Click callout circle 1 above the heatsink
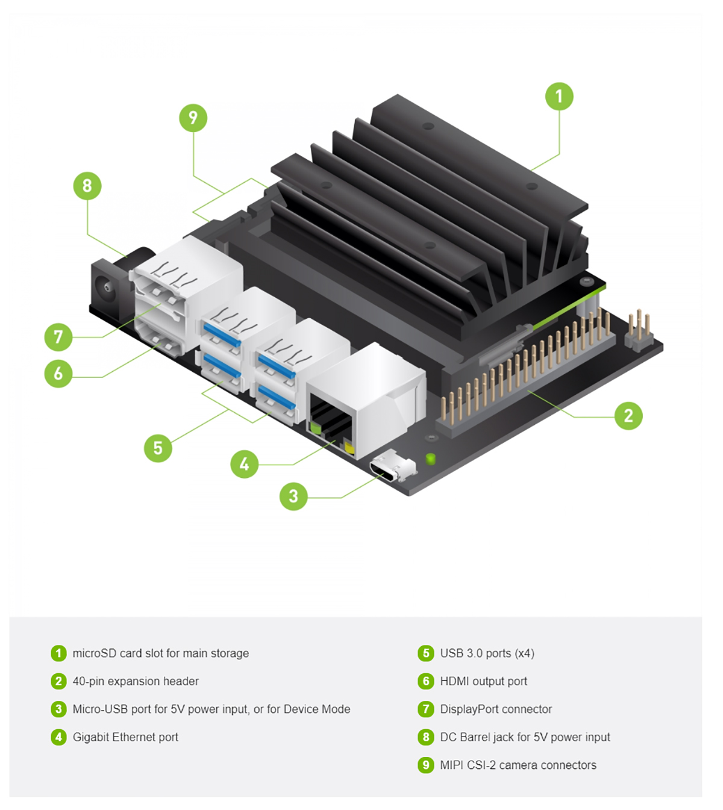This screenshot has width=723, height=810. (559, 96)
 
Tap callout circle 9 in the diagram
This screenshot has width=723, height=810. (193, 118)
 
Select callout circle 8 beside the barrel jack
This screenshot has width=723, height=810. (87, 186)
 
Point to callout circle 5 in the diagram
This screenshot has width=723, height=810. (158, 448)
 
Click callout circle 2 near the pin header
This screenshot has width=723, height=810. (628, 415)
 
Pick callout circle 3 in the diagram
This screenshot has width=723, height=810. (293, 496)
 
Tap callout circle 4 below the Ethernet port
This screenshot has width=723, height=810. (244, 464)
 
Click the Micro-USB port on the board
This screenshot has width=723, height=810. (392, 468)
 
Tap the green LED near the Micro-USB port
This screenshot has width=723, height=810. (430, 459)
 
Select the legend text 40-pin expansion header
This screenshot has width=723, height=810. (136, 681)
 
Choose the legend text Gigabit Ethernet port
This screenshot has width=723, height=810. (125, 737)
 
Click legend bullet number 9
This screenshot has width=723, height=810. (426, 765)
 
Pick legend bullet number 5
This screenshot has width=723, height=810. (426, 653)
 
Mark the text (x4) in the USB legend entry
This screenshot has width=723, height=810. (524, 653)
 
